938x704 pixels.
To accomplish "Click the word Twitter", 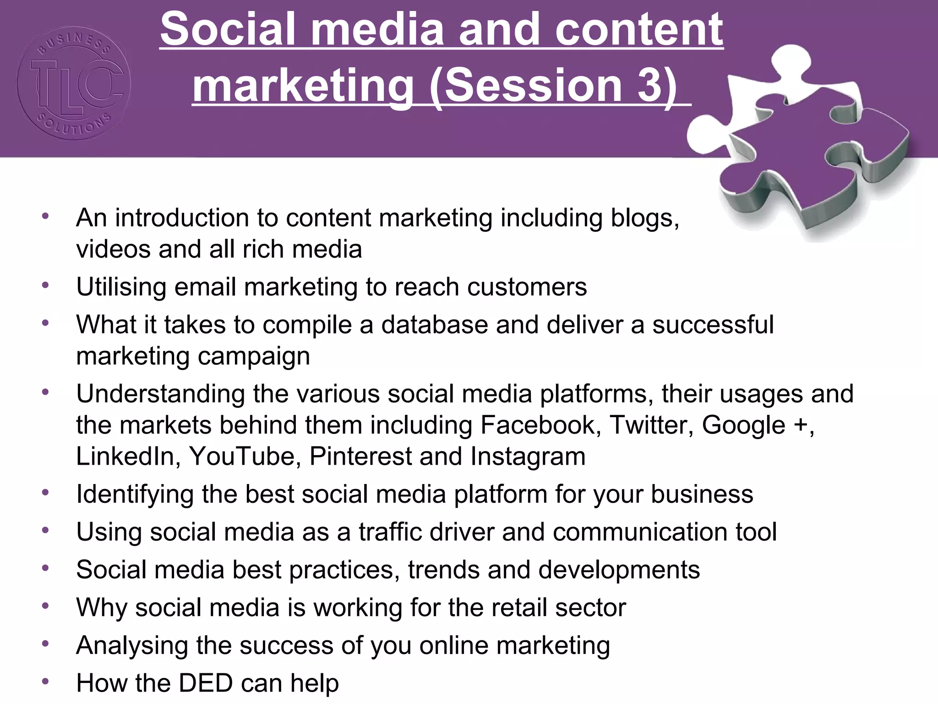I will [x=651, y=425].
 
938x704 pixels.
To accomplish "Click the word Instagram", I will [x=528, y=456].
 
